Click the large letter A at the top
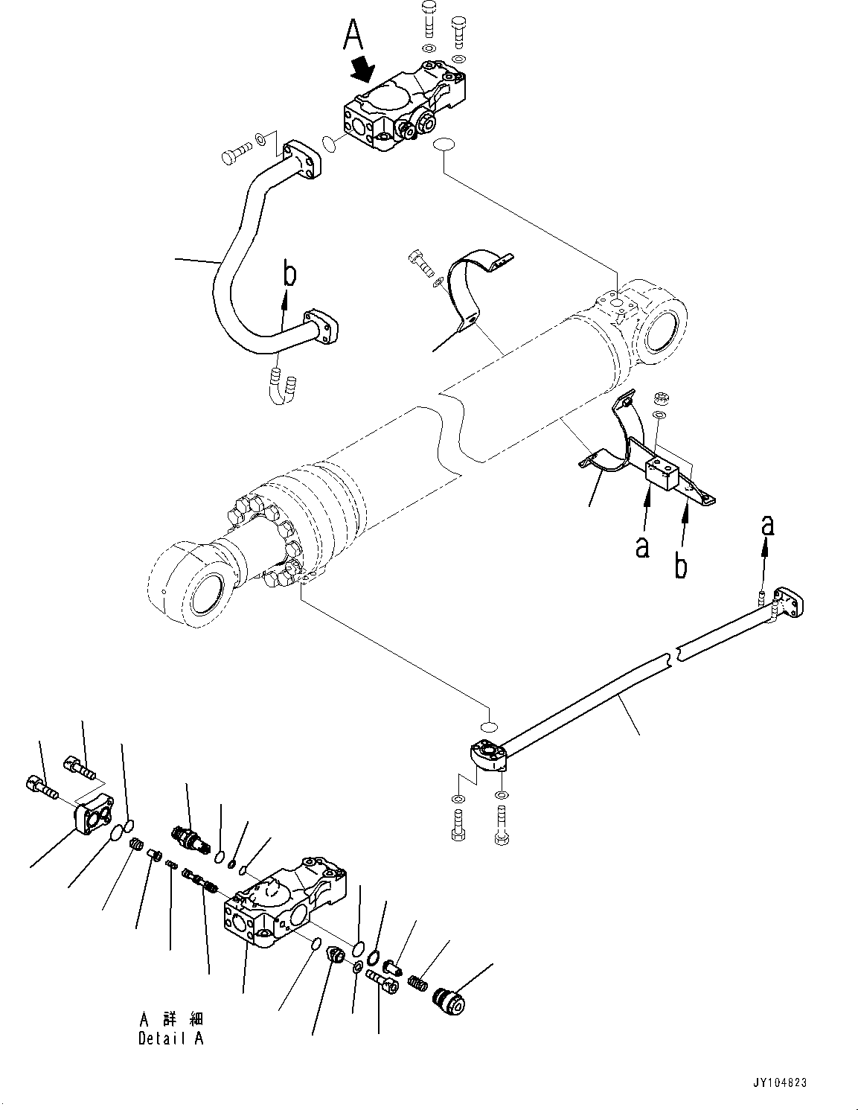[354, 36]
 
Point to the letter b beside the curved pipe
[289, 273]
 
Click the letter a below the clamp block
[643, 547]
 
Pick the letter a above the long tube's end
[767, 526]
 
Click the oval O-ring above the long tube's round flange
[487, 726]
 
